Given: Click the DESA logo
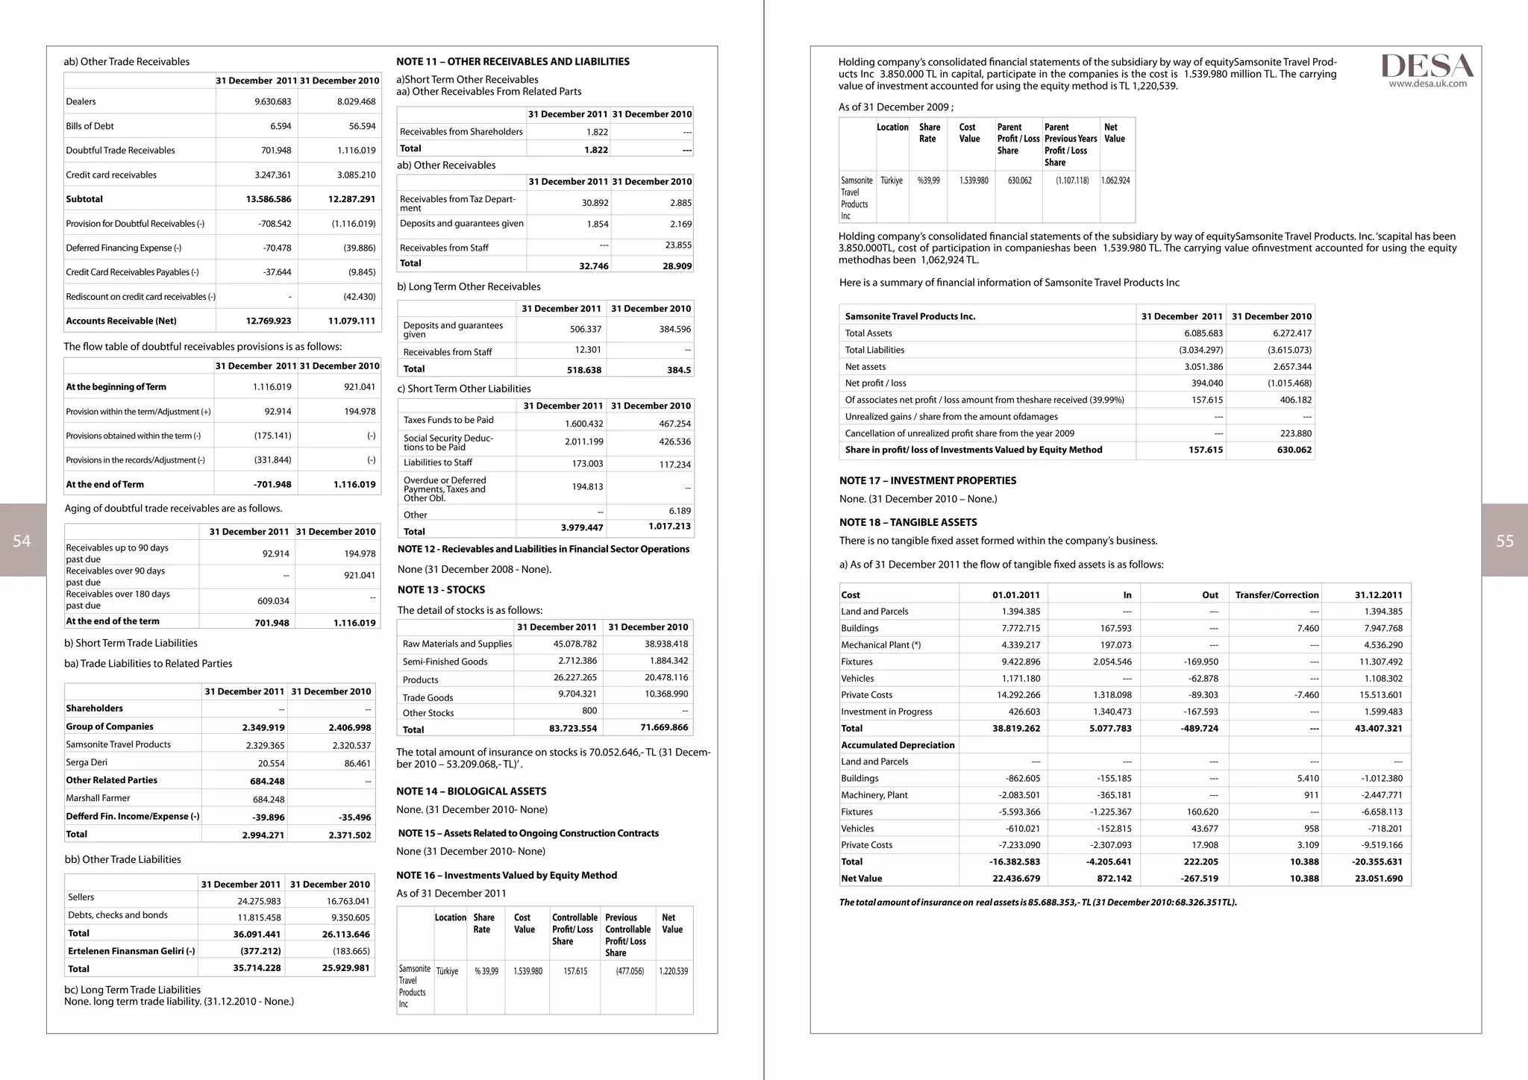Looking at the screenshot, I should (x=1427, y=65).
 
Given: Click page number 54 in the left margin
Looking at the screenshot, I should (x=22, y=541).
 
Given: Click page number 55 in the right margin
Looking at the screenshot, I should (x=1505, y=541).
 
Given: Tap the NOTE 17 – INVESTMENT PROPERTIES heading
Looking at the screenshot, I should (x=927, y=480).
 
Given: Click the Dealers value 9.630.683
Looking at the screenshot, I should (x=272, y=101).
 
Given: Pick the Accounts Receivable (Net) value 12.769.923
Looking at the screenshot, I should (x=268, y=321).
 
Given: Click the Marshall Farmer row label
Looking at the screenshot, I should (x=98, y=798).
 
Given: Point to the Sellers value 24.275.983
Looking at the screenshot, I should (x=259, y=901).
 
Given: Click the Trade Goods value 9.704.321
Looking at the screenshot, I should (x=577, y=694).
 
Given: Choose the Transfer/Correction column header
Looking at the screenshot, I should (x=1277, y=594).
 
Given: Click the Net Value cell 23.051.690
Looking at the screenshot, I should (x=1378, y=878).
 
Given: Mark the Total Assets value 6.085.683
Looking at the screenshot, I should (x=1203, y=333).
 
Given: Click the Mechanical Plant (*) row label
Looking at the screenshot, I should (x=880, y=645).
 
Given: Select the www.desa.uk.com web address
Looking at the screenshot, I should (x=1427, y=84).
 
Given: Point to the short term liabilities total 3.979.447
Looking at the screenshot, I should (x=581, y=527).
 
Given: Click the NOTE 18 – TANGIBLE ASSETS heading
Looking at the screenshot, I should (x=907, y=522).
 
